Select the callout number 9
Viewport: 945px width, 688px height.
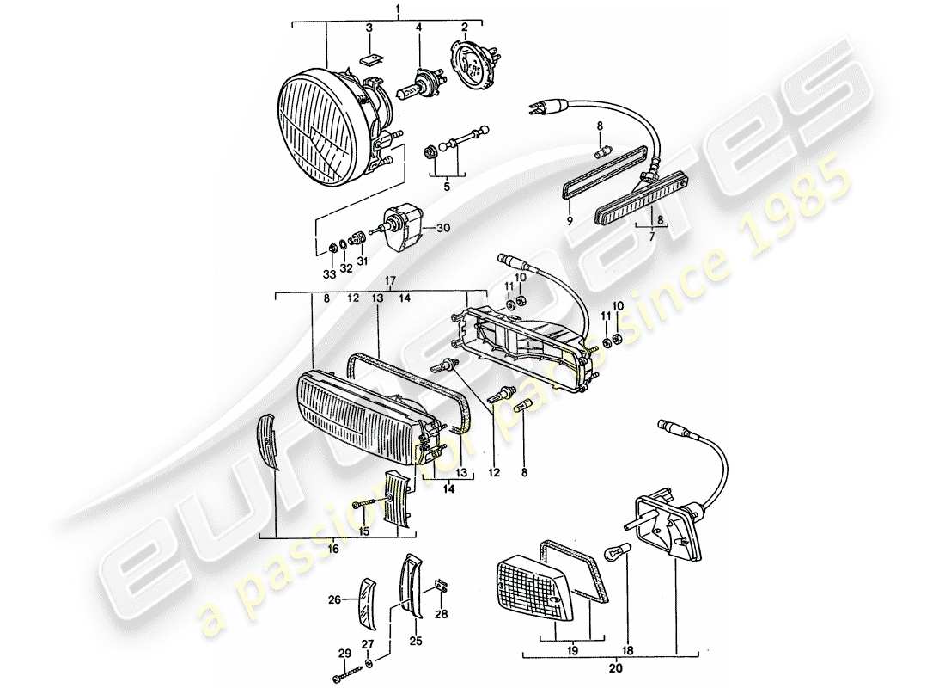coord(569,220)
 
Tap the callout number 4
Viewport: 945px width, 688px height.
coord(418,28)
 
